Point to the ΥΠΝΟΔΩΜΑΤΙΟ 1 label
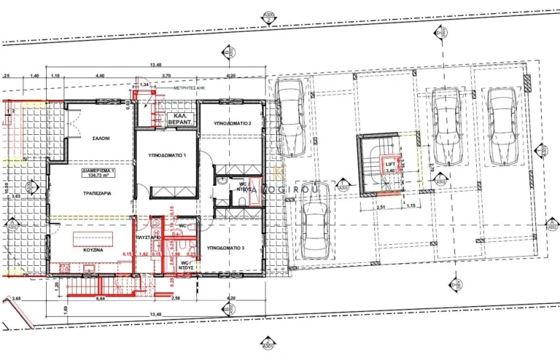click(168, 155)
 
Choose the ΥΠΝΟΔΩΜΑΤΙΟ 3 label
click(226, 249)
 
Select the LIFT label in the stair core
click(391, 165)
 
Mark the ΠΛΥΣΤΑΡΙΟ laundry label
click(148, 238)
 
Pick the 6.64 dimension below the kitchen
click(81, 298)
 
